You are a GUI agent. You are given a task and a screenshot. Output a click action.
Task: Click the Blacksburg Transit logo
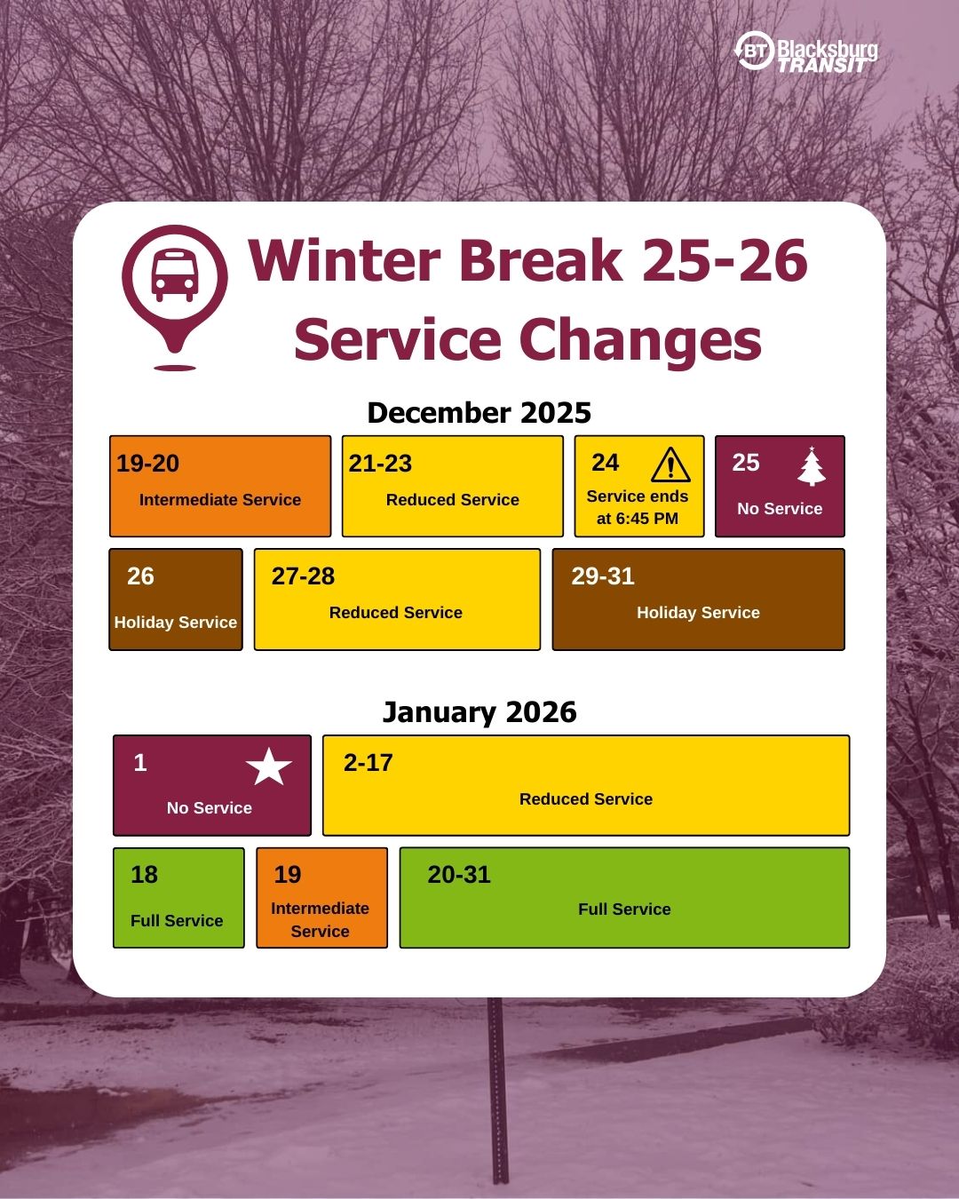pos(805,52)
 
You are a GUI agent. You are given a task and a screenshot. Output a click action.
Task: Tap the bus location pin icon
pos(174,298)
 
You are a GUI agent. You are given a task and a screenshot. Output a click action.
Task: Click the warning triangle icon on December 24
pos(670,465)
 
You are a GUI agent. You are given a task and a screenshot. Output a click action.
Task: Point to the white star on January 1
pos(268,766)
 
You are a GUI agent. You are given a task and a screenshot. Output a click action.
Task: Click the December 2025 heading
pos(479,413)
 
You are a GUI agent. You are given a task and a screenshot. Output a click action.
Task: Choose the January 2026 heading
pos(479,712)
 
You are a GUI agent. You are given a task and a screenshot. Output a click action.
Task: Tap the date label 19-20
pos(147,464)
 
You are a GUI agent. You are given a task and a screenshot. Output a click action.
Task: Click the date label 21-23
pos(380,464)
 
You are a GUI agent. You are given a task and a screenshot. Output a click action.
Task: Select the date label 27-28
pos(303,576)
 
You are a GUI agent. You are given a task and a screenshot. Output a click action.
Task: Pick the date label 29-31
pos(603,576)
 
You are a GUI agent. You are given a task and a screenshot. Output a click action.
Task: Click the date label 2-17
pos(368,762)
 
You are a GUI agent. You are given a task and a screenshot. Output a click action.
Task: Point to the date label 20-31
pos(459,875)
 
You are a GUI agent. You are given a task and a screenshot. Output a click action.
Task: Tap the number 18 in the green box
pos(145,875)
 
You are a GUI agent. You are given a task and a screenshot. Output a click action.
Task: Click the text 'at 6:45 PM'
pos(638,518)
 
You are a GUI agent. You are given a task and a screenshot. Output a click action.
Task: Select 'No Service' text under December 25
pos(780,508)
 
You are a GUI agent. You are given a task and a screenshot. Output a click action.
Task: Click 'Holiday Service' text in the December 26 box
pos(176,622)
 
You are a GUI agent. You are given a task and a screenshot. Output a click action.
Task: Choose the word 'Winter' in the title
pos(345,261)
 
